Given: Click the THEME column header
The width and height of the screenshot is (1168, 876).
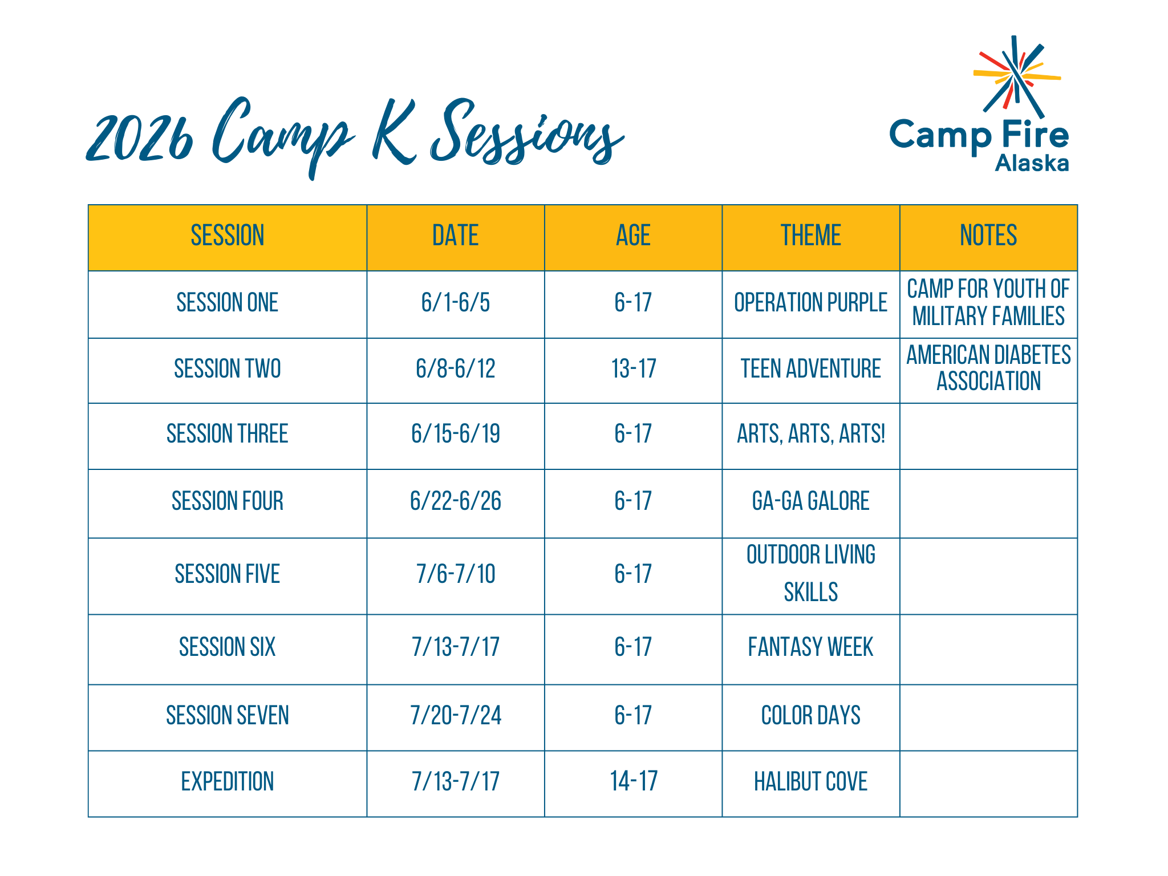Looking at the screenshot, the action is [x=810, y=236].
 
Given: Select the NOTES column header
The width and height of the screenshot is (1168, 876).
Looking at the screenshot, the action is [x=988, y=236].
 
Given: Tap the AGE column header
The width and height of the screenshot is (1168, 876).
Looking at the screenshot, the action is [x=633, y=236].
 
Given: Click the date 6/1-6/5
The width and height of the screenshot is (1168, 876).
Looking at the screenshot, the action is [x=455, y=302].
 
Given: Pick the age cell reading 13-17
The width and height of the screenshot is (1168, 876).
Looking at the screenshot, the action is [x=633, y=368].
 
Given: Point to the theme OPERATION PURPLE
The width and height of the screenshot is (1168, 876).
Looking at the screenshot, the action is [x=810, y=302].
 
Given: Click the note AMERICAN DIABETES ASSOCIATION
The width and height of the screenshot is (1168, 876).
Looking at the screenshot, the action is [x=988, y=368].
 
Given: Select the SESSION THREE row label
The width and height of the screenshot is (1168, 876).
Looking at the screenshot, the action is [x=227, y=433].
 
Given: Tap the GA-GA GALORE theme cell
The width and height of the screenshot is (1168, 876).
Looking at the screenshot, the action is [x=810, y=501].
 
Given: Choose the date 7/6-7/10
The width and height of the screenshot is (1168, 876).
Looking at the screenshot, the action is [x=455, y=574].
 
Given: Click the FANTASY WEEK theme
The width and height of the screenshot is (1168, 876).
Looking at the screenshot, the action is [x=810, y=647].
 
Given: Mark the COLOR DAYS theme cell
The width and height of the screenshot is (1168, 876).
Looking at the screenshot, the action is [x=810, y=715].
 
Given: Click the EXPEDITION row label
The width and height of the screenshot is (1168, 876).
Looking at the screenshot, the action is [x=227, y=781].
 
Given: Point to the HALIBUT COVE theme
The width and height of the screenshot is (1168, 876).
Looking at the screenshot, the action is [x=810, y=781].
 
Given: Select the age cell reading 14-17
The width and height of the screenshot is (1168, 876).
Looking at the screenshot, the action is [x=633, y=781].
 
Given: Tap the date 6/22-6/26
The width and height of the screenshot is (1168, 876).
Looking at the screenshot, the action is [x=455, y=501].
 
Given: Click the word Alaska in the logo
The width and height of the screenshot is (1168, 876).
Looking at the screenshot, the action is [x=1032, y=164].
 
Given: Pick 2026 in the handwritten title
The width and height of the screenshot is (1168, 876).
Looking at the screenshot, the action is [x=140, y=137].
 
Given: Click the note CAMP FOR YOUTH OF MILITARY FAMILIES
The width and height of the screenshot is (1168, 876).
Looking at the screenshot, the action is [x=988, y=302].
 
